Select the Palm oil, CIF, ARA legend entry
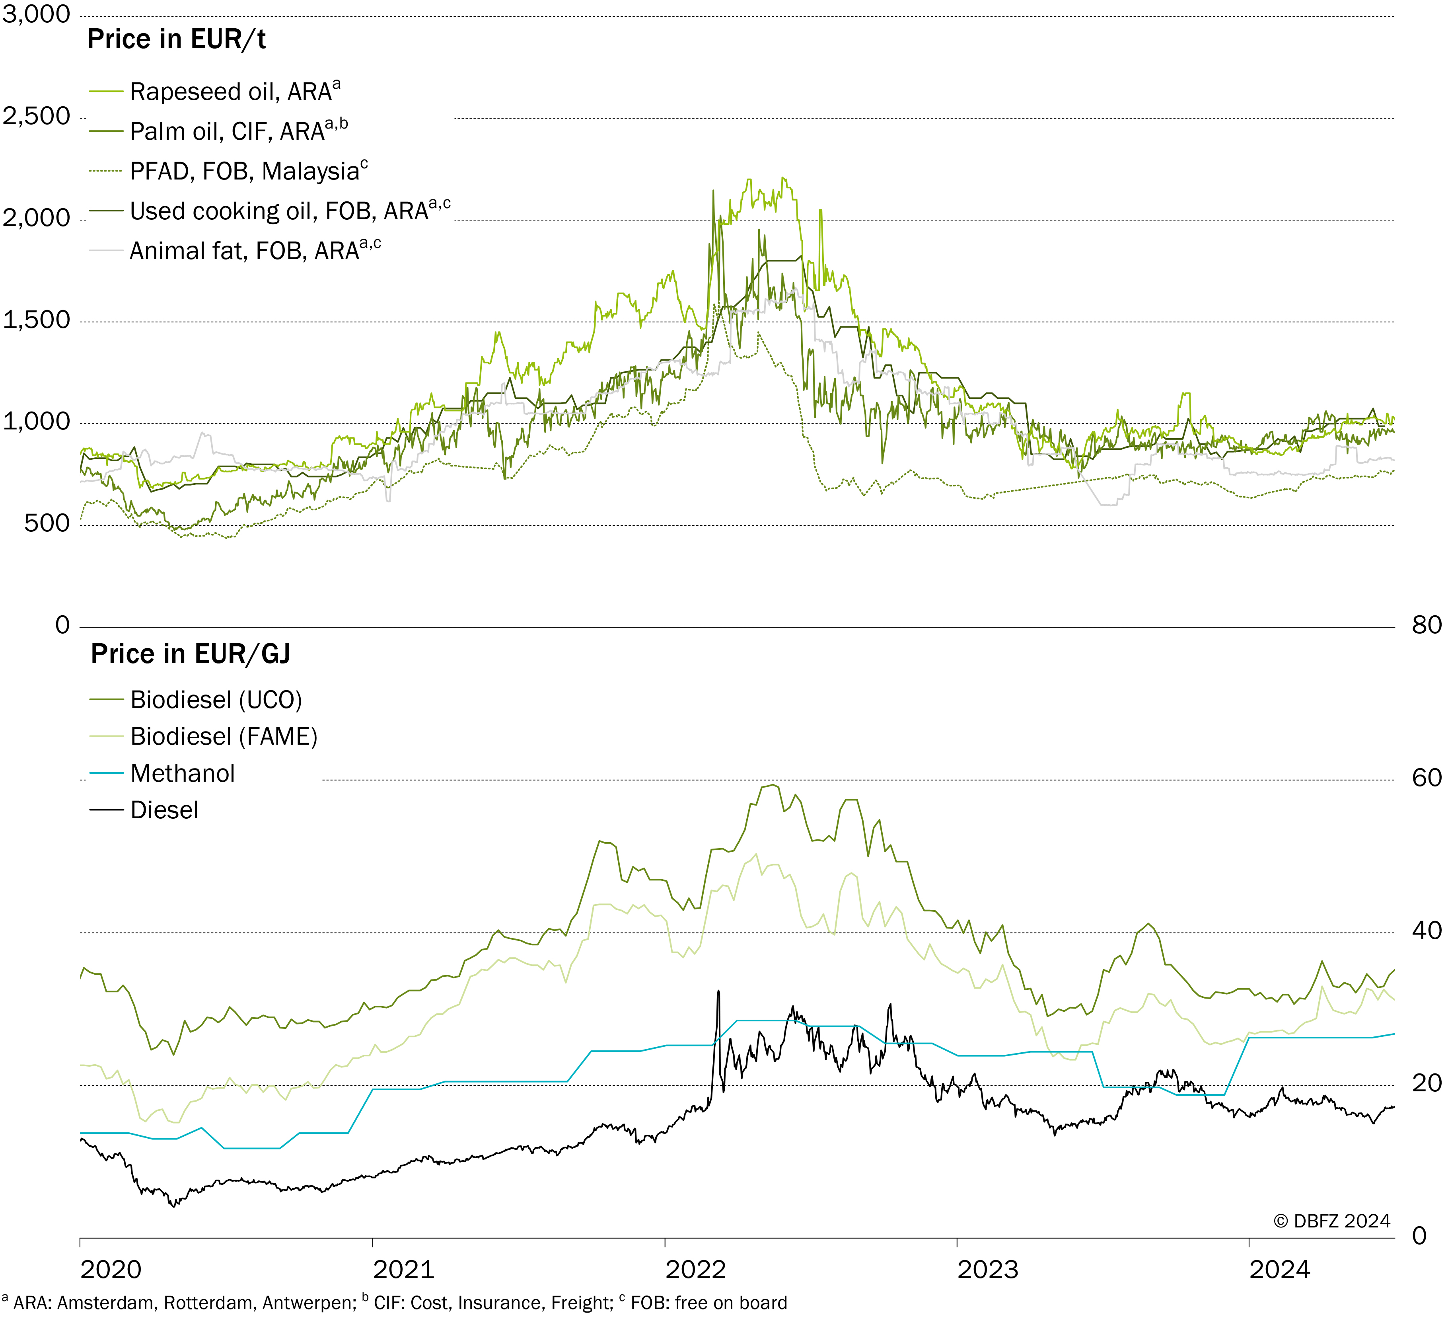(218, 131)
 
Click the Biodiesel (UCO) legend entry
(196, 700)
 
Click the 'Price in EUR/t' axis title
(177, 39)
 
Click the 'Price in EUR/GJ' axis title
(190, 654)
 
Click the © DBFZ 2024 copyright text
(1332, 1221)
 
